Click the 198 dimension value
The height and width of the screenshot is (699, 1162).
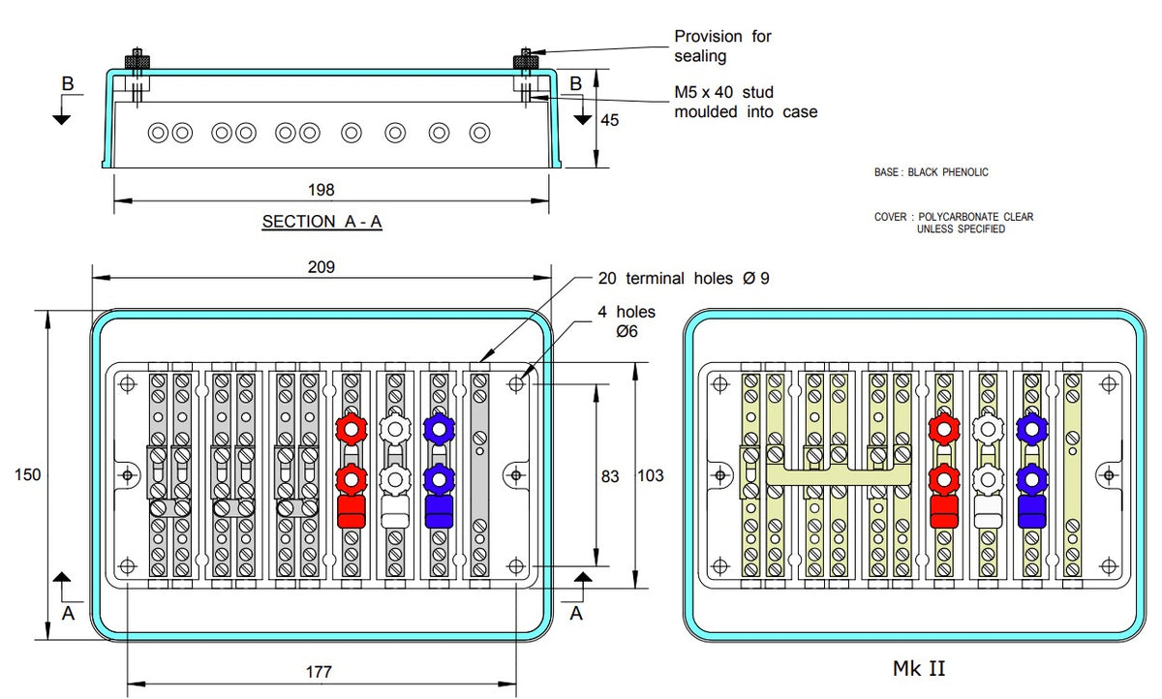coord(321,190)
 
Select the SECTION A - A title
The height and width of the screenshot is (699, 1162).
coord(321,222)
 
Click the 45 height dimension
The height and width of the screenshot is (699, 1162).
coord(608,121)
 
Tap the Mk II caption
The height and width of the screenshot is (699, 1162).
coord(918,667)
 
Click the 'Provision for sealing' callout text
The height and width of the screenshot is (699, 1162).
coord(722,46)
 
